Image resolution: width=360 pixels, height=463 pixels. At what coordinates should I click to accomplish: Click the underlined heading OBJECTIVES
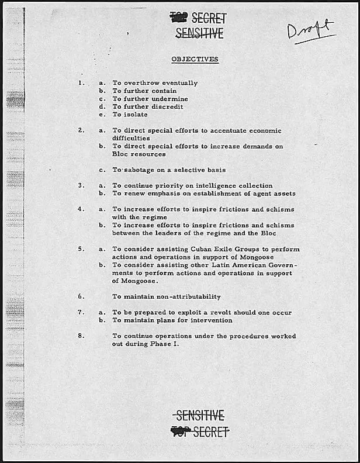[195, 59]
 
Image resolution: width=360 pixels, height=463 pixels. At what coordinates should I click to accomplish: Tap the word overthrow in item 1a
[140, 83]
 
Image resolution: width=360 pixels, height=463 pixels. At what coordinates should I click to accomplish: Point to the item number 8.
[81, 336]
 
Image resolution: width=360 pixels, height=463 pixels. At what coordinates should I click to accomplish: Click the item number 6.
[81, 296]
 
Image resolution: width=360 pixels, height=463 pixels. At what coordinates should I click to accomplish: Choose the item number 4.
[81, 209]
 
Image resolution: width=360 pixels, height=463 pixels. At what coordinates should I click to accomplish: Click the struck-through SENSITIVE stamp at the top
[199, 34]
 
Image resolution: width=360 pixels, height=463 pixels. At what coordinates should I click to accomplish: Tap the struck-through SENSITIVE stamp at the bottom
[200, 416]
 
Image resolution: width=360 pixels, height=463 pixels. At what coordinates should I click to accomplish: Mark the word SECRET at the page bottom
[210, 432]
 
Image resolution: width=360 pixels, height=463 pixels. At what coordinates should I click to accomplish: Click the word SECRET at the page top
[209, 19]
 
